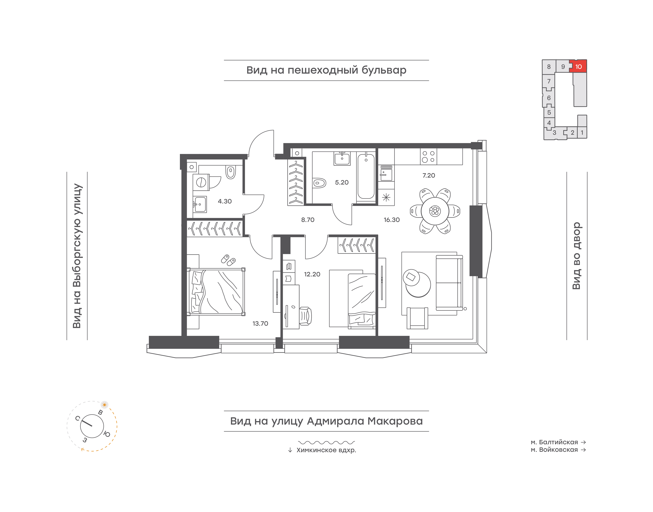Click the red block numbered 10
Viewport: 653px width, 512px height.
coord(578,66)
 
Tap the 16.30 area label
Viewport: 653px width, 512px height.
coord(392,220)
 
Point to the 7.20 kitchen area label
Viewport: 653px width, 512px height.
coord(429,175)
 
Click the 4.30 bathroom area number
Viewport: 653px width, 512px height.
coord(225,201)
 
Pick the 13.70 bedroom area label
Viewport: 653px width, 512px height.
coord(260,323)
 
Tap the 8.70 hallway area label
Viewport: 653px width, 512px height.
coord(308,220)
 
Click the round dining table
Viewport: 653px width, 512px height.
coord(435,211)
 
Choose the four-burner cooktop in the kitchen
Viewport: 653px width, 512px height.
coord(428,156)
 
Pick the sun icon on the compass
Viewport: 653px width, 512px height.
coord(104,405)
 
